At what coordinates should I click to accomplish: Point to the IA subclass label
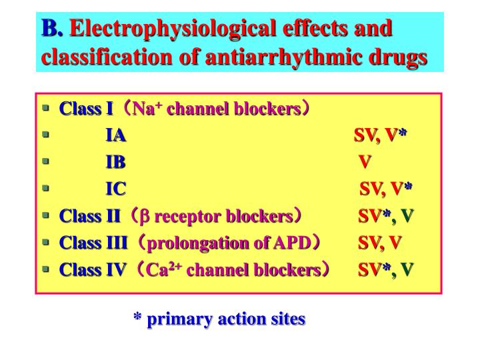coord(116,136)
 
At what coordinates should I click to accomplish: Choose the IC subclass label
coord(116,189)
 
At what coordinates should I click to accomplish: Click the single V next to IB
coord(365,163)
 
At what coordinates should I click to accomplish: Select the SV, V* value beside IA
coord(380,136)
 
